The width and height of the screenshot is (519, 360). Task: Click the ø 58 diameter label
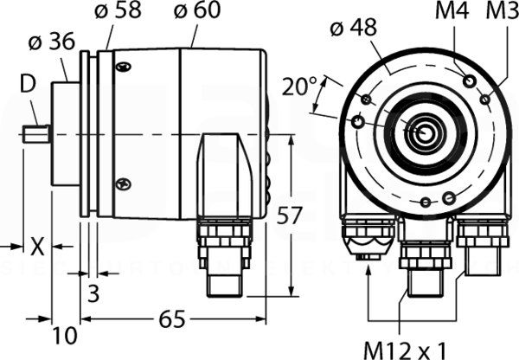[x=119, y=10]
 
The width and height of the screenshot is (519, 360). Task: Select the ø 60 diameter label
[x=197, y=10]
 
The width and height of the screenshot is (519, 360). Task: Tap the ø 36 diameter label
[x=52, y=42]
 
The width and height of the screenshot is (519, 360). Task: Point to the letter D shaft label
[x=28, y=85]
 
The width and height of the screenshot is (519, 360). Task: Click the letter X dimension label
[x=37, y=247]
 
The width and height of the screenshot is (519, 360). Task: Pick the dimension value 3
[x=93, y=293]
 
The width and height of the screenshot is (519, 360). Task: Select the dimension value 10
[x=65, y=335]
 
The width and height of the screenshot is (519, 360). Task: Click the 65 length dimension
[x=172, y=319]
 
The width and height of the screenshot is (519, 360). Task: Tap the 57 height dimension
[x=290, y=215]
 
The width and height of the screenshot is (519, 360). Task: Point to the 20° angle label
[x=299, y=87]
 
